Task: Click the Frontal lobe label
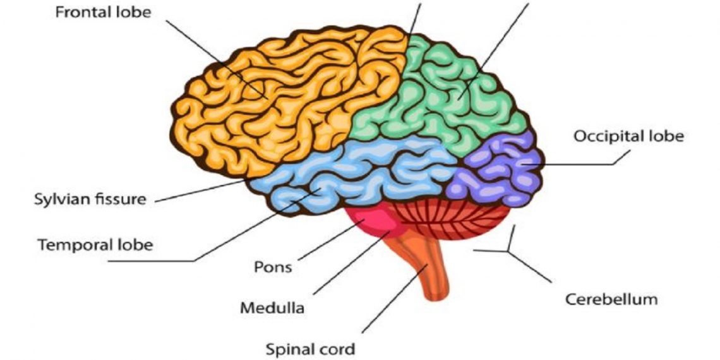click(x=103, y=13)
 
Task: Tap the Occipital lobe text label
click(x=628, y=136)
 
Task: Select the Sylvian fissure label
click(x=90, y=200)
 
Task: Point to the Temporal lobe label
click(x=95, y=244)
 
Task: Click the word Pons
click(x=273, y=267)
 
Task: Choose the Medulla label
click(x=272, y=308)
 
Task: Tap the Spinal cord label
click(x=310, y=348)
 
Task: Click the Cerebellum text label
click(x=611, y=298)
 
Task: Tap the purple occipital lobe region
click(x=499, y=171)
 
